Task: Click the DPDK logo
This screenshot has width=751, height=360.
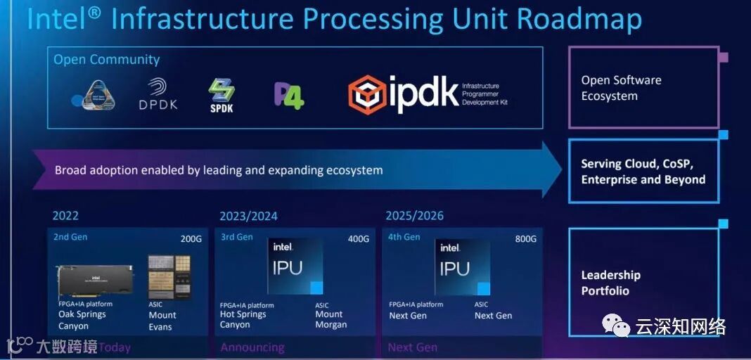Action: [x=158, y=94]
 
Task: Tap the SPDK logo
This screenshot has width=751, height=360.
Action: [x=221, y=95]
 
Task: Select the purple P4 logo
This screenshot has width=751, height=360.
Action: [x=288, y=95]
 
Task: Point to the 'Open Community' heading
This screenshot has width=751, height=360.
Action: [x=107, y=60]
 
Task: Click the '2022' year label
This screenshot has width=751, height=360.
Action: [x=65, y=216]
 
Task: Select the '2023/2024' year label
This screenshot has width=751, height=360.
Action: [x=248, y=216]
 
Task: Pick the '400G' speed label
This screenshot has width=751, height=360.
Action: [x=358, y=239]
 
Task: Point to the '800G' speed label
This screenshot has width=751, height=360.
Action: [x=525, y=239]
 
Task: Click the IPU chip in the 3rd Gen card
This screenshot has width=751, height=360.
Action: [x=295, y=266]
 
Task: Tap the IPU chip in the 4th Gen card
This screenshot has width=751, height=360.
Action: [x=463, y=266]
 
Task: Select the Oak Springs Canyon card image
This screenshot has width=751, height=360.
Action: [x=94, y=281]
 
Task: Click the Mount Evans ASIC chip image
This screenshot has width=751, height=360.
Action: [x=169, y=276]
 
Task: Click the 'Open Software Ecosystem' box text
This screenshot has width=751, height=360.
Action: [x=621, y=88]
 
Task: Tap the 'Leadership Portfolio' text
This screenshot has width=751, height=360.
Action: [x=610, y=283]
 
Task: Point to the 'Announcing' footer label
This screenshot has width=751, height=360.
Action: [x=252, y=347]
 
